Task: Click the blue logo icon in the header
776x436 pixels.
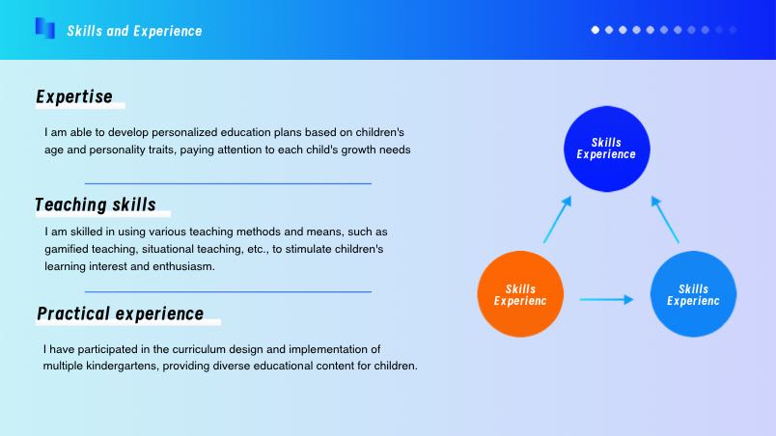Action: point(45,28)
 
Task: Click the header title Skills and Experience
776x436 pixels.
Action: point(134,31)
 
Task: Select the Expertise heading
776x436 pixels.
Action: point(74,96)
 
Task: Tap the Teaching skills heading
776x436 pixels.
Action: point(96,204)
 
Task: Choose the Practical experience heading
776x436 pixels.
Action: point(121,313)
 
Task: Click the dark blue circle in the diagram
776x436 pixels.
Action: point(607,149)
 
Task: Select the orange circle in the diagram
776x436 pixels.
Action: point(520,294)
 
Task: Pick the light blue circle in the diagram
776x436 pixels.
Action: point(693,294)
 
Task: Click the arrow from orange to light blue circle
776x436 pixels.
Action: point(606,300)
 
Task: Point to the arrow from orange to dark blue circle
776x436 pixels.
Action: point(557,220)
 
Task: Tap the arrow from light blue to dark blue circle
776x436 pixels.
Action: point(665,220)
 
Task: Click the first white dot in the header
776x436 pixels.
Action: point(596,30)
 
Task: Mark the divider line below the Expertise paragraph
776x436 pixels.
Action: point(228,183)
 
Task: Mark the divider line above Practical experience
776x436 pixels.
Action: point(228,291)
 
